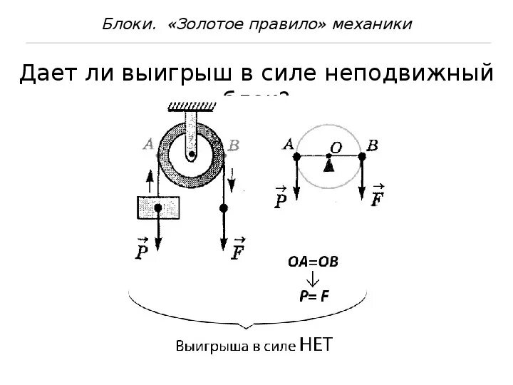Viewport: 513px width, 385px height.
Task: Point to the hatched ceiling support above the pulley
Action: (x=192, y=108)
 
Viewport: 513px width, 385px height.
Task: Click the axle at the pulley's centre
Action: (x=191, y=152)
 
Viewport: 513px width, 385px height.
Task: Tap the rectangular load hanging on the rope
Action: (x=157, y=207)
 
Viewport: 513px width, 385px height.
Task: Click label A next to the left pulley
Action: (x=149, y=145)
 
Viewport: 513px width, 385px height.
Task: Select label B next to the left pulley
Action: (x=234, y=145)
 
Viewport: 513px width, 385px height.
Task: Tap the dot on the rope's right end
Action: (x=224, y=207)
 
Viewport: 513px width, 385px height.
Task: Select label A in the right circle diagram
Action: (x=289, y=145)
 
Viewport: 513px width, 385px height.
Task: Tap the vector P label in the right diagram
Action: (x=280, y=196)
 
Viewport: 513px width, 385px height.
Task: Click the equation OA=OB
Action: (x=313, y=262)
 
